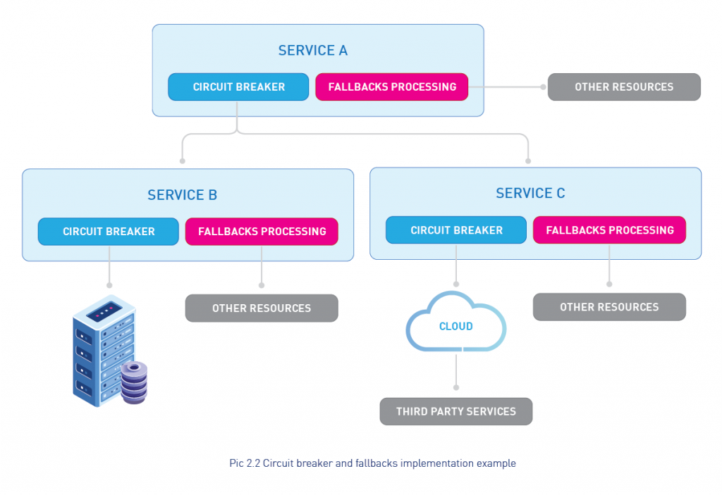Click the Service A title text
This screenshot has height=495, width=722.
click(x=312, y=51)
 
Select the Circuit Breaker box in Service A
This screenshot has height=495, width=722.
click(x=238, y=87)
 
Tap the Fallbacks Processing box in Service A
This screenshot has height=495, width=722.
click(x=391, y=87)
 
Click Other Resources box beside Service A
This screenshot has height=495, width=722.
click(x=624, y=87)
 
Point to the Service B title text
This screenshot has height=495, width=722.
click(x=182, y=195)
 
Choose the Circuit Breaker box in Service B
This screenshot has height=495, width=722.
click(x=109, y=231)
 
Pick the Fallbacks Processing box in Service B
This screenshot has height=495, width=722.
click(x=262, y=231)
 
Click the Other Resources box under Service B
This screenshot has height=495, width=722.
click(x=262, y=308)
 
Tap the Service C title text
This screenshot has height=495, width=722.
click(x=530, y=194)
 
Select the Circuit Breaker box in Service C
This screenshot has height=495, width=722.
click(x=456, y=230)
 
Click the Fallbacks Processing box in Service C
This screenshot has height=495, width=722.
click(x=609, y=230)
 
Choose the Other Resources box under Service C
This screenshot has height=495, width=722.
click(x=609, y=307)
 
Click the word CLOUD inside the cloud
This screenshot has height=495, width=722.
click(x=456, y=327)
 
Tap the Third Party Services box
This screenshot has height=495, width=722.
click(x=456, y=411)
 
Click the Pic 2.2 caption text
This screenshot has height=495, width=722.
click(x=372, y=463)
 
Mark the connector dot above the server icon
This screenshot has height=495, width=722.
click(x=109, y=285)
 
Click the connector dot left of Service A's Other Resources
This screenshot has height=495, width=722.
click(x=543, y=87)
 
